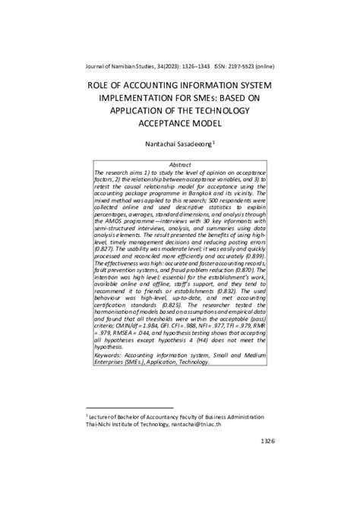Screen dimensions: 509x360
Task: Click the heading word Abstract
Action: point(179,164)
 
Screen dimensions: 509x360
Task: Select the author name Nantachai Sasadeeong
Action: point(178,141)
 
